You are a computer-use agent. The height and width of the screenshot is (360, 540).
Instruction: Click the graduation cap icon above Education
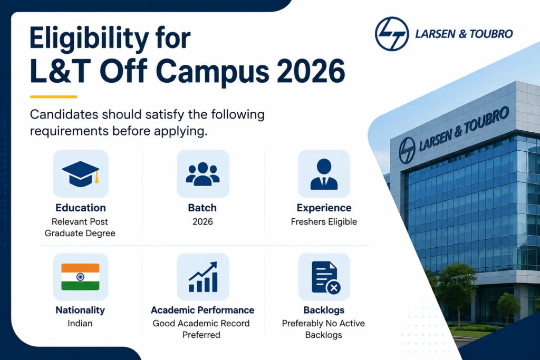[x=81, y=174]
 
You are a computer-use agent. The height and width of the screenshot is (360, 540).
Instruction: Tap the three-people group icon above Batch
[x=202, y=174]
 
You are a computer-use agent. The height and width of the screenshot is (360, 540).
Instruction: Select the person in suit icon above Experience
[x=324, y=174]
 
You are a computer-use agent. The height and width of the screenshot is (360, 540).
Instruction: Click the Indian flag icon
[x=80, y=277]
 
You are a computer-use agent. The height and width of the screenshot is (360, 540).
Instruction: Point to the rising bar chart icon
[x=203, y=277]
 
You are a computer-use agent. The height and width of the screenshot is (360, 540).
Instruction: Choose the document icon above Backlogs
[x=326, y=277]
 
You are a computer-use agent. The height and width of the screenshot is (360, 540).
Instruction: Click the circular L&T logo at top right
[x=392, y=34]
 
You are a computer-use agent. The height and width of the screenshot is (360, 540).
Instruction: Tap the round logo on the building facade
[x=407, y=150]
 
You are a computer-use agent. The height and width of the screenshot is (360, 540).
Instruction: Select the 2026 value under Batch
[x=202, y=222]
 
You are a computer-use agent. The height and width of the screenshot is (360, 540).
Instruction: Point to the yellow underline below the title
[x=53, y=96]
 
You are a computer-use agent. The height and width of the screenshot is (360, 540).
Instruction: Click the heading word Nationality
[x=80, y=310]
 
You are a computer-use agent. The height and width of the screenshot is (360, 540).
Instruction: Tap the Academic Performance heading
[x=202, y=310]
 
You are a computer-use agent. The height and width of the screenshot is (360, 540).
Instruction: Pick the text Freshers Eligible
[x=324, y=222]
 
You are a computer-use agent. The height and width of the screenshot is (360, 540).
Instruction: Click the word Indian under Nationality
[x=80, y=324]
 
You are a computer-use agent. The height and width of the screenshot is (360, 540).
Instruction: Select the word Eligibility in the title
[x=89, y=38]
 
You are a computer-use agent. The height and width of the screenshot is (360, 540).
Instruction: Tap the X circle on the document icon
[x=333, y=288]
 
